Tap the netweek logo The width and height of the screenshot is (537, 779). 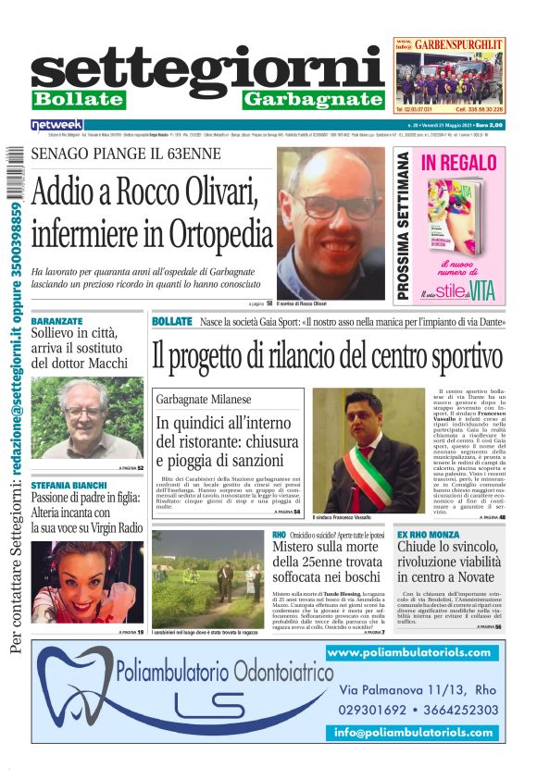[56, 124]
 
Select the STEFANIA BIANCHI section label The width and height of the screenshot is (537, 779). [68, 484]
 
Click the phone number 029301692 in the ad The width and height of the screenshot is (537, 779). [380, 711]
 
